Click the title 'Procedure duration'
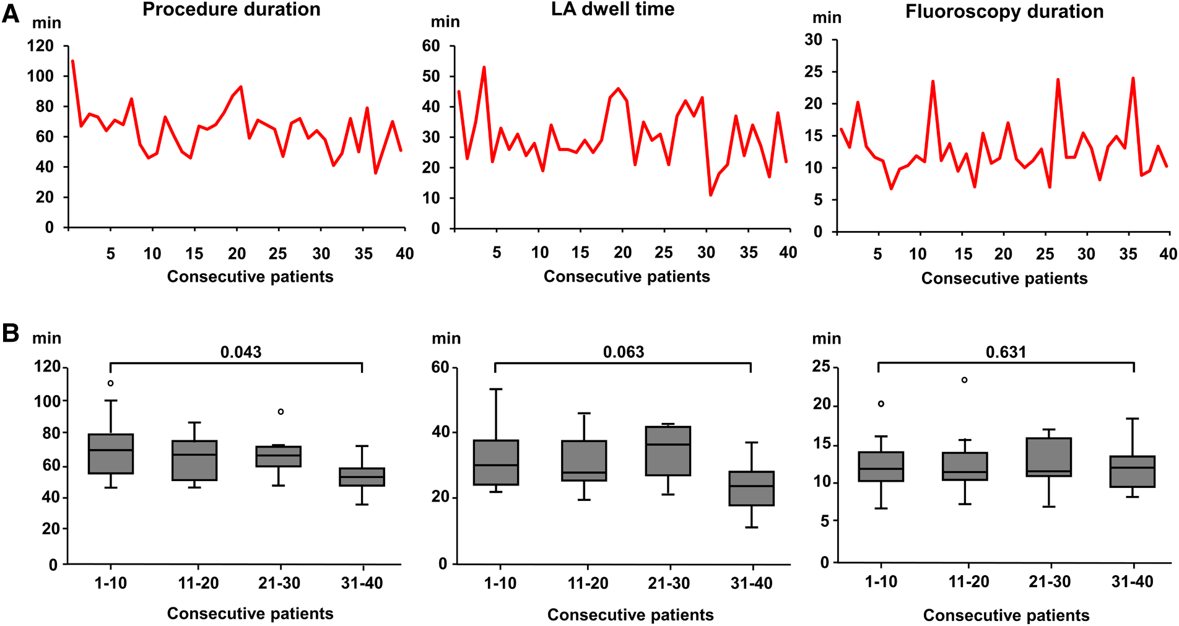[231, 9]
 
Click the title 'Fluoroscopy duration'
[1004, 12]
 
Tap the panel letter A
[11, 13]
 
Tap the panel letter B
[11, 333]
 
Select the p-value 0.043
[241, 352]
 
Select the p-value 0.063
[624, 352]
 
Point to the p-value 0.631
[1006, 352]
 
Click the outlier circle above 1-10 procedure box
[111, 383]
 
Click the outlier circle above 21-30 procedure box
[281, 412]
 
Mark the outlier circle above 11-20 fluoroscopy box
[964, 380]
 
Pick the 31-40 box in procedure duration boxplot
[362, 477]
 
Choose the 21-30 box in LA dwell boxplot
[668, 451]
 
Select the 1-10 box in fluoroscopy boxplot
[881, 466]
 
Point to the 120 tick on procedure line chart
[40, 46]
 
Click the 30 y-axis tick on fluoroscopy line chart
[813, 40]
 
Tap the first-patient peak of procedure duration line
[72, 61]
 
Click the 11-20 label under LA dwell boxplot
[587, 583]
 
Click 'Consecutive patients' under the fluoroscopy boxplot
[1006, 615]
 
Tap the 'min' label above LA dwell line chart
[445, 22]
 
